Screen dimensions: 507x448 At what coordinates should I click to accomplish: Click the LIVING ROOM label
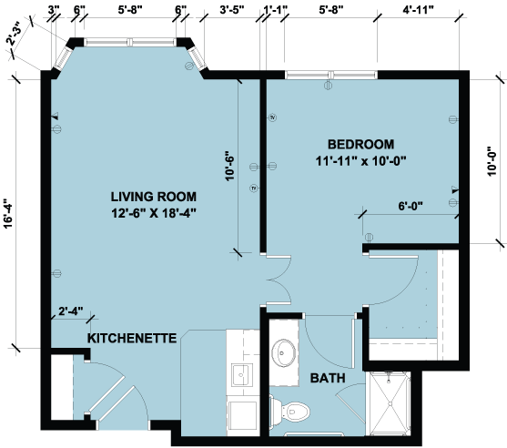tap(154, 197)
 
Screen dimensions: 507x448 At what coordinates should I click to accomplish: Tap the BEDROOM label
tap(360, 144)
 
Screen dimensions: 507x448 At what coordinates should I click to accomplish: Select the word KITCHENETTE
tap(132, 339)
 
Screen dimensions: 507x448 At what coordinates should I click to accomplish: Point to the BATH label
tap(328, 378)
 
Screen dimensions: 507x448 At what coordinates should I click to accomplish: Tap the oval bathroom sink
tap(284, 353)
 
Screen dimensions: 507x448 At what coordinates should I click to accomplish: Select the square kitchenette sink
tap(242, 374)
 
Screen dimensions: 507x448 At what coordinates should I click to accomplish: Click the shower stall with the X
tap(390, 403)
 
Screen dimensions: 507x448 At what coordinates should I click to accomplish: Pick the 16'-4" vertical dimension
tap(8, 212)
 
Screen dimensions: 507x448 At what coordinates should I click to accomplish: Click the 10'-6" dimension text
tap(229, 166)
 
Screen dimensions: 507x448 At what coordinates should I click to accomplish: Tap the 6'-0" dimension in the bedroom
tap(411, 206)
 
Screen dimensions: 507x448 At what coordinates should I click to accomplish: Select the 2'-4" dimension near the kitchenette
tap(71, 311)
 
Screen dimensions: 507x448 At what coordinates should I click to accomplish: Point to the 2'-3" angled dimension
tap(14, 35)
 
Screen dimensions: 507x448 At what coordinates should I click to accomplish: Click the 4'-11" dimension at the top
tap(418, 10)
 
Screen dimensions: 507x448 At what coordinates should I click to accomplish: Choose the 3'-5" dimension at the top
tap(232, 10)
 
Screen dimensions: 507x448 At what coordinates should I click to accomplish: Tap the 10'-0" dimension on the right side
tap(492, 161)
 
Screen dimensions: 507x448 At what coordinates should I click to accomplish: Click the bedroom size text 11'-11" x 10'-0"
tap(360, 161)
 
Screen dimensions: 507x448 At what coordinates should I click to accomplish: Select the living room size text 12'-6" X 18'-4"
tap(154, 213)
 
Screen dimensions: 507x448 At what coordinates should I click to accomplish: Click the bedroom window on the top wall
tap(331, 75)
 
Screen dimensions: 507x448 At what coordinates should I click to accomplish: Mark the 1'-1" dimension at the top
tap(276, 10)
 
